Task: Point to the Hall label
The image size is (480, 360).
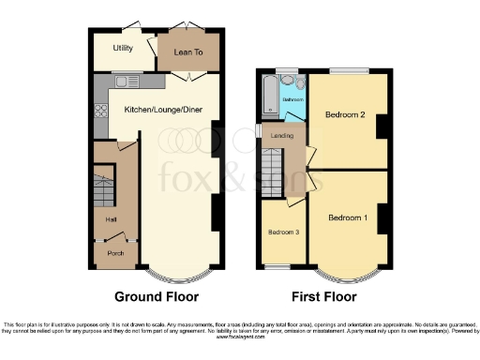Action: tap(111, 219)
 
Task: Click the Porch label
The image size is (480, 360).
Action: tap(115, 252)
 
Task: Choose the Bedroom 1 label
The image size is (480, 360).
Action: tap(346, 217)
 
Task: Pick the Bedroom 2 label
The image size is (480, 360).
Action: tap(345, 114)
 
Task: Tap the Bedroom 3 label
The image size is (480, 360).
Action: tap(283, 232)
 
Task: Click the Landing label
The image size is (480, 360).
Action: tap(282, 136)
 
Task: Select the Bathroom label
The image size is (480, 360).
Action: tap(293, 98)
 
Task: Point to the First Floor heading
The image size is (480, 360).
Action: tap(323, 297)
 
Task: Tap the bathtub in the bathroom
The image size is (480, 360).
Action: tap(269, 97)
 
